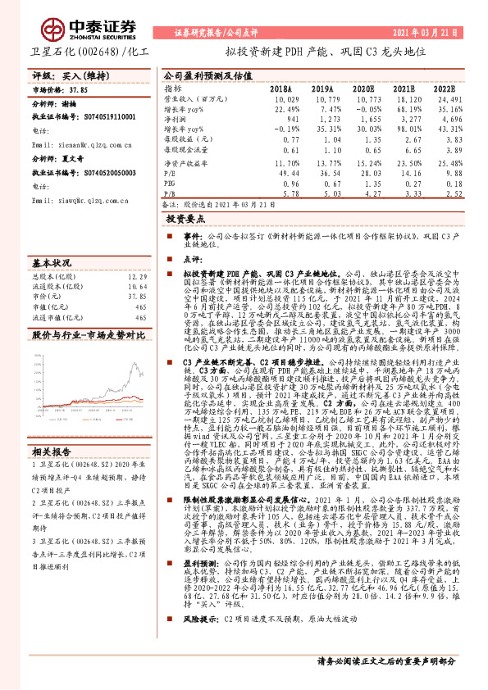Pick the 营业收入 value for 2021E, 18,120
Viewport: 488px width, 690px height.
[x=405, y=98]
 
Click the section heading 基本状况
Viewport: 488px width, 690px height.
[x=49, y=264]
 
